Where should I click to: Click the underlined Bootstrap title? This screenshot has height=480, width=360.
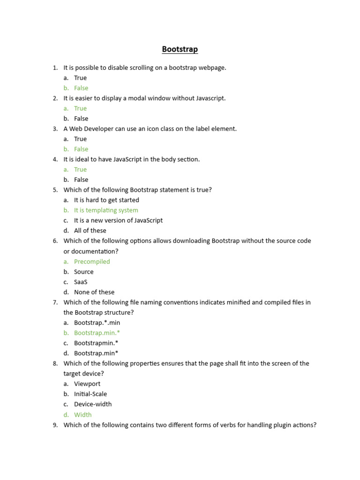pos(180,49)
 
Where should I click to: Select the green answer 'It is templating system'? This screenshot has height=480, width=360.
pos(106,210)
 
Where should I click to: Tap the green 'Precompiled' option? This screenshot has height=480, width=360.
pos(92,262)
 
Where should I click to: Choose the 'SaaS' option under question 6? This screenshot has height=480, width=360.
pos(81,282)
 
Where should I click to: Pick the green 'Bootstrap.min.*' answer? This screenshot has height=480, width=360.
pos(97,333)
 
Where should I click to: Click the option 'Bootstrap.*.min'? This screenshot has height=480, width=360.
pos(97,322)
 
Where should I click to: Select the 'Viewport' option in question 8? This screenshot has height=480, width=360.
pos(87,384)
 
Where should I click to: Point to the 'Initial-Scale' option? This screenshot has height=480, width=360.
pos(90,394)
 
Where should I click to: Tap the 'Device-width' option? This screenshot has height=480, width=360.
pos(93,404)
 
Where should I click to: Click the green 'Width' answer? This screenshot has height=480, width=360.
pos(83,415)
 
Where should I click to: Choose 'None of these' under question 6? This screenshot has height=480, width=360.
pos(94,292)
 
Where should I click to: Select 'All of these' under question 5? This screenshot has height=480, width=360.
pos(90,231)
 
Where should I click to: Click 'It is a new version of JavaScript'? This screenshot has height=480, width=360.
pos(118,220)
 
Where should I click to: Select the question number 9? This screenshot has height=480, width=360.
pos(55,425)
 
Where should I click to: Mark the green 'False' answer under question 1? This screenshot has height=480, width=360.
pos(81,88)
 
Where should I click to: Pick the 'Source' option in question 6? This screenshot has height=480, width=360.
pos(84,272)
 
